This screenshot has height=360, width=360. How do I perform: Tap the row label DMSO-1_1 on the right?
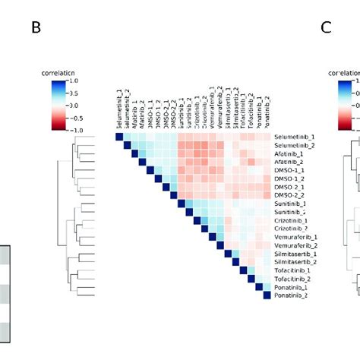click(x=292, y=171)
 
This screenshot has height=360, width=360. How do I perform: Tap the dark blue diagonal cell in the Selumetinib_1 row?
click(x=118, y=137)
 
